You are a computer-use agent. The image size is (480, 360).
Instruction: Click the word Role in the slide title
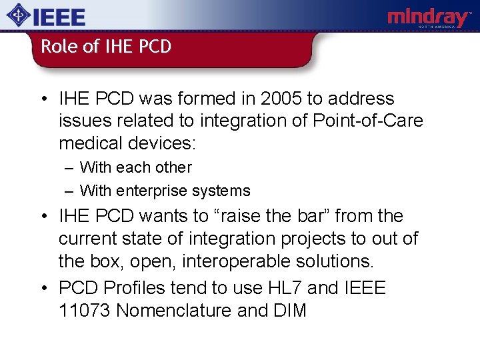(55, 47)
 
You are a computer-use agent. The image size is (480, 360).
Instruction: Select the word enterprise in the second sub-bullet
(151, 191)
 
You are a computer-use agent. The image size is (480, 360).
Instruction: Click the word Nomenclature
(175, 311)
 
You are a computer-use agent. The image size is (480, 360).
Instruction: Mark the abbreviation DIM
(289, 311)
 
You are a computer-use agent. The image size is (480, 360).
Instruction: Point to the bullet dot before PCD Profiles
(42, 289)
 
